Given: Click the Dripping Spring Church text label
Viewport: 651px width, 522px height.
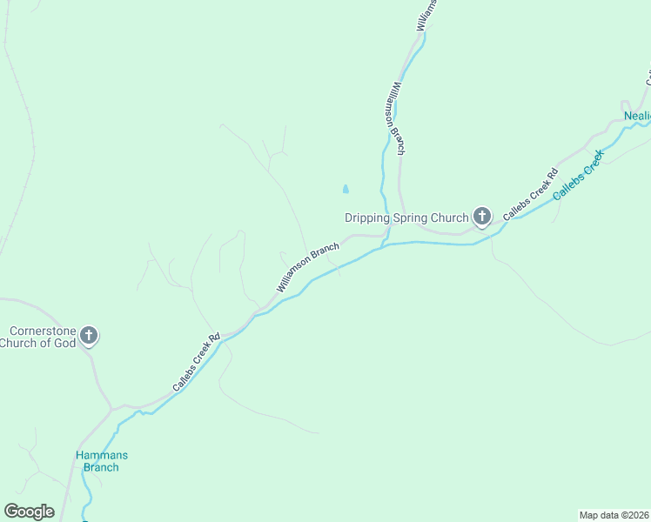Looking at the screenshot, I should [x=406, y=217].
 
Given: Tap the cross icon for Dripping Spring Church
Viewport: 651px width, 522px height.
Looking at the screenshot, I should [x=482, y=217].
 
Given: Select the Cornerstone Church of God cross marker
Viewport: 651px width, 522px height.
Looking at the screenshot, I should [x=88, y=336].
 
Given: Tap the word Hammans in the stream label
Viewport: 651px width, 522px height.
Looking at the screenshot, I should [x=101, y=455].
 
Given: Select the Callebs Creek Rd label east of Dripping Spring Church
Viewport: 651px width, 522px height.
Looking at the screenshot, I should [x=530, y=193].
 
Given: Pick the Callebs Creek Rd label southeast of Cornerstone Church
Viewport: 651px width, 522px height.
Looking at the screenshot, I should [x=196, y=360].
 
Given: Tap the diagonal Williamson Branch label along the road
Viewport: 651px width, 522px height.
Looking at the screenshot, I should [x=307, y=267].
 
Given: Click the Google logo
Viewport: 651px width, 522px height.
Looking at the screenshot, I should [x=29, y=512].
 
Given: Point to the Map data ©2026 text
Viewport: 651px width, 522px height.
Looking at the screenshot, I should [x=614, y=514].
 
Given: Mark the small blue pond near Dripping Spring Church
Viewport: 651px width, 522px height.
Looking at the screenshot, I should [x=346, y=188].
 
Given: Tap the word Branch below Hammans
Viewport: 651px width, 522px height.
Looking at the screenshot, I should [x=101, y=467].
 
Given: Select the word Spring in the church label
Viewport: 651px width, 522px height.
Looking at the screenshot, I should [x=410, y=217].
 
